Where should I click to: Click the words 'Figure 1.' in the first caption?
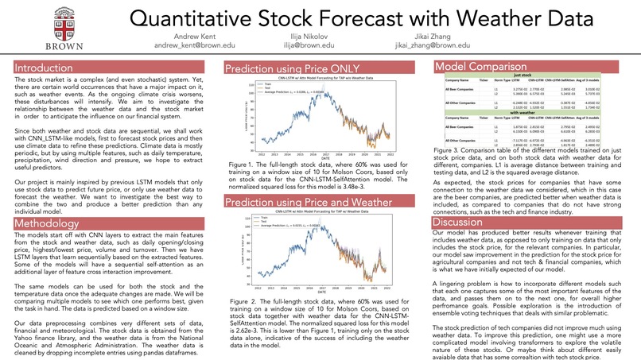[x=240, y=162]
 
